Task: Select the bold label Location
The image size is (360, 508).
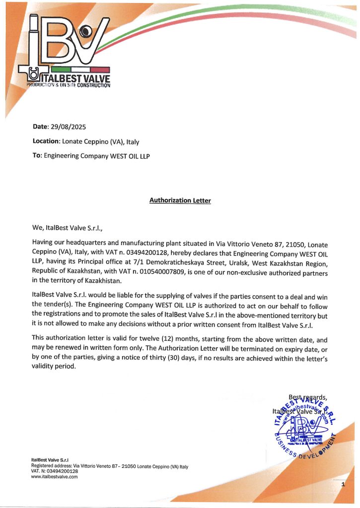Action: (x=46, y=141)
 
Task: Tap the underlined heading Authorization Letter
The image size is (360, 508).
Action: (x=180, y=200)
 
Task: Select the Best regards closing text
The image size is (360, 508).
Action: (x=307, y=397)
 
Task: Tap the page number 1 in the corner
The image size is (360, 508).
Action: (x=343, y=484)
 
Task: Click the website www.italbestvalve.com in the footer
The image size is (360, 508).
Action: (x=55, y=477)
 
